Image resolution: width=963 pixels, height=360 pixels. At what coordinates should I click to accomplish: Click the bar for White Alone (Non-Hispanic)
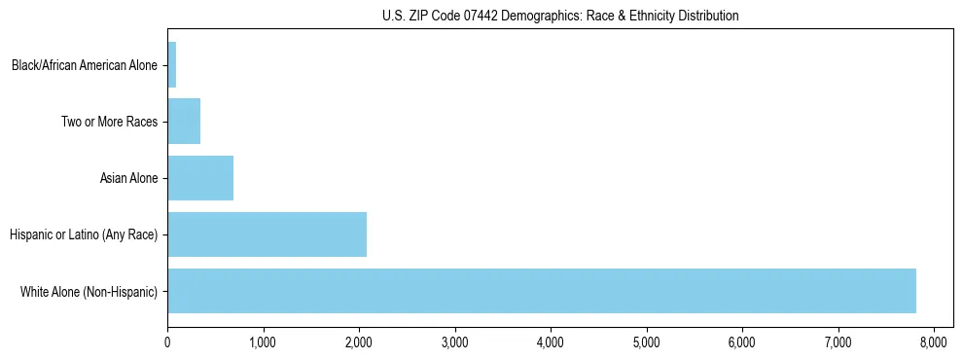click(x=542, y=290)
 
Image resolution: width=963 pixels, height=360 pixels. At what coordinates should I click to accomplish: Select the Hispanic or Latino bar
click(x=267, y=234)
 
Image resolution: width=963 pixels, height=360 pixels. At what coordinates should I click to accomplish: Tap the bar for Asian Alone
click(x=200, y=178)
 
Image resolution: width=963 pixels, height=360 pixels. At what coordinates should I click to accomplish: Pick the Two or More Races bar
click(x=184, y=122)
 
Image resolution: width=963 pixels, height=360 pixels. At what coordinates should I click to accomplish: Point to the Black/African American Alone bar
click(x=172, y=65)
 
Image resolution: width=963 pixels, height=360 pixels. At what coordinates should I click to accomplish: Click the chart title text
click(x=560, y=16)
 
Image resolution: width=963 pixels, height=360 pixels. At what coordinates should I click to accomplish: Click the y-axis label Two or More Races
click(x=114, y=123)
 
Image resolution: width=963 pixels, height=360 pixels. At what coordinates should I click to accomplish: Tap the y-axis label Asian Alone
click(x=128, y=179)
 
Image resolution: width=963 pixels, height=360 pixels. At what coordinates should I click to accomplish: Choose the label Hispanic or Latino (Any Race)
click(x=83, y=234)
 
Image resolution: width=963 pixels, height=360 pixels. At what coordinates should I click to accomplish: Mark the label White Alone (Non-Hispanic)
click(x=89, y=291)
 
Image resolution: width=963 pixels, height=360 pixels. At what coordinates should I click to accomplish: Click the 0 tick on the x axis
click(x=167, y=342)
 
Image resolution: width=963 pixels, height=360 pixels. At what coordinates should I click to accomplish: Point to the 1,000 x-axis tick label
click(x=263, y=342)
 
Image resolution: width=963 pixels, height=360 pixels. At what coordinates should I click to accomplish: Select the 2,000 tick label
click(x=359, y=342)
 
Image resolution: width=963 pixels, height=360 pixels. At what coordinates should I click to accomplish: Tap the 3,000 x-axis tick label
click(x=454, y=342)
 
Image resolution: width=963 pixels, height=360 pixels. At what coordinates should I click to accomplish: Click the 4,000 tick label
click(x=551, y=342)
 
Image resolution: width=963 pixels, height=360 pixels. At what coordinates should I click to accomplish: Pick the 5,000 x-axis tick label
click(x=646, y=342)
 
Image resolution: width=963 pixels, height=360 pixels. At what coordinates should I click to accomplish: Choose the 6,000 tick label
click(x=742, y=342)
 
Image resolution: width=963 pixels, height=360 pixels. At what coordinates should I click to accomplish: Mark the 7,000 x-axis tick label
click(x=838, y=342)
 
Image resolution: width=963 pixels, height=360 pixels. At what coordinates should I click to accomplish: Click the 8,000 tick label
click(x=934, y=342)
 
